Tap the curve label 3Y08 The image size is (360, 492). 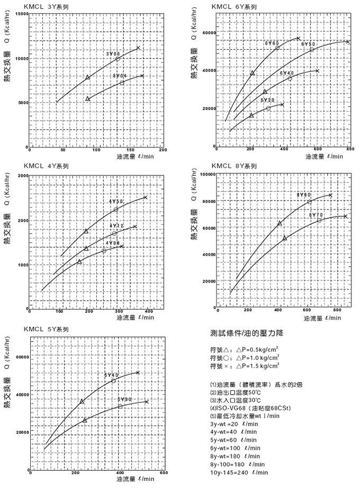click(112, 53)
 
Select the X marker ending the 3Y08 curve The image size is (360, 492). click(138, 48)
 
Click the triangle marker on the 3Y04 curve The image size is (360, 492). click(88, 99)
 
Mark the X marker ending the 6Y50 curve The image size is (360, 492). click(348, 42)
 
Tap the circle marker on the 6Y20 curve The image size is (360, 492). click(268, 108)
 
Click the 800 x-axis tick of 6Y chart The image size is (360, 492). click(349, 150)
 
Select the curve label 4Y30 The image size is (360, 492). click(116, 201)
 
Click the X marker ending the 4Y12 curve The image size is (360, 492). click(134, 227)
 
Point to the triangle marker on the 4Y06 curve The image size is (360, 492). click(79, 262)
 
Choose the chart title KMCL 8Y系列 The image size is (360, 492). click(234, 166)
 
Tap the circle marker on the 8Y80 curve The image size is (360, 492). click(310, 202)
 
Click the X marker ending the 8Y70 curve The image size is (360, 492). click(345, 216)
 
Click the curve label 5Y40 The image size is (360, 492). click(112, 375)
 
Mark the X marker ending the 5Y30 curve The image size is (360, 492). click(147, 402)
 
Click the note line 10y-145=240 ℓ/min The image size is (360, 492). click(240, 472)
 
